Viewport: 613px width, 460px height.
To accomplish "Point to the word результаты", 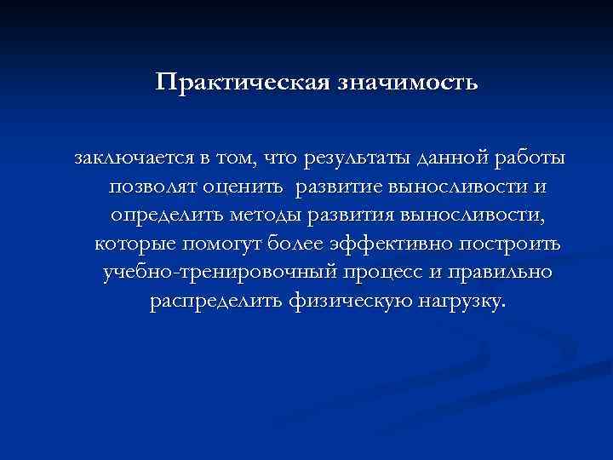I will (x=364, y=158).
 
